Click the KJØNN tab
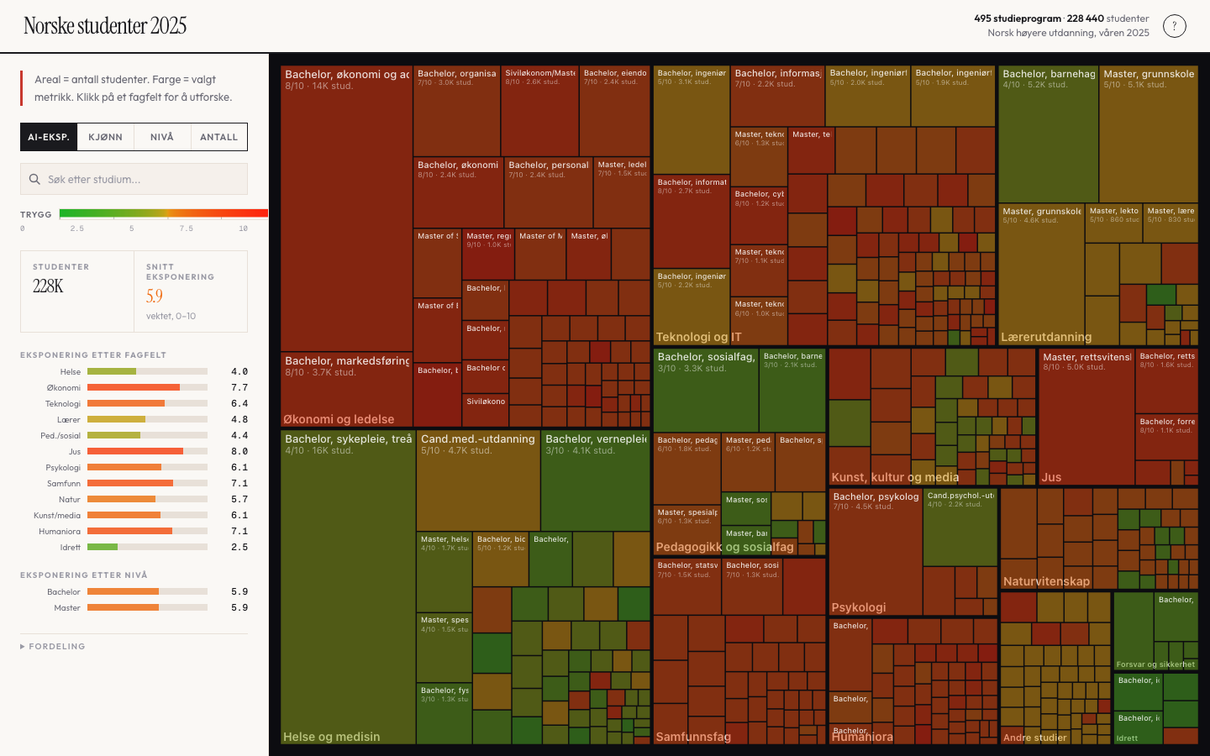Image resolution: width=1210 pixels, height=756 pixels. coord(105,137)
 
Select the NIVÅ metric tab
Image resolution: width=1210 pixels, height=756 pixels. coord(162,137)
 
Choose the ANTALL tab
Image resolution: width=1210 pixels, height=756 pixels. coord(218,137)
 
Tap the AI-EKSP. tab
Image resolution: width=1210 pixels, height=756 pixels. coord(49,137)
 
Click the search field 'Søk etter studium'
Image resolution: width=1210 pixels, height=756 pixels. coord(134,179)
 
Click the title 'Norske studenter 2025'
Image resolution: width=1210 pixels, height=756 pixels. coord(105,26)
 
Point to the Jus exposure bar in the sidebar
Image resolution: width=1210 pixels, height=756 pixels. coord(147,451)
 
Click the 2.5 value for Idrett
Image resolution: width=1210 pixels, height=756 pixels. coord(239,548)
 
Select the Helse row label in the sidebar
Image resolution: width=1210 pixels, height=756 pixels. coord(71,372)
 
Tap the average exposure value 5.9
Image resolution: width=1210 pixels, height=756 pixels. coord(155,296)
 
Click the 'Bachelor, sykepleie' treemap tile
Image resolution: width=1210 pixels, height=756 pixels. coord(348,580)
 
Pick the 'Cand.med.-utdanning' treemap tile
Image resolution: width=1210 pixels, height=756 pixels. coord(477,479)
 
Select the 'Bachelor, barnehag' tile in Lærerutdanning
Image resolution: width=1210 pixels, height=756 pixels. coord(1048,134)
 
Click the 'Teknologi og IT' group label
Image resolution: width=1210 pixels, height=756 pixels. coord(698,337)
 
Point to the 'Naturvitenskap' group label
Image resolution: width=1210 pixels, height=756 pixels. coord(1046,581)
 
